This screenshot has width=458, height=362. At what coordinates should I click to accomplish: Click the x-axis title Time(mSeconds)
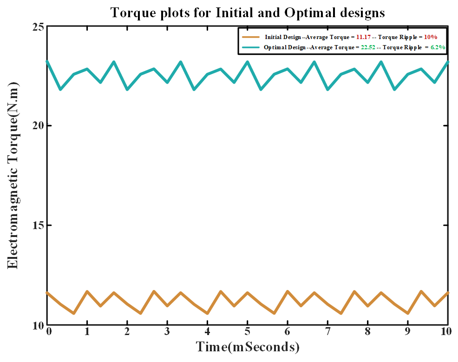click(x=248, y=347)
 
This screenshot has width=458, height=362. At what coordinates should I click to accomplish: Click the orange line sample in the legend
click(x=251, y=37)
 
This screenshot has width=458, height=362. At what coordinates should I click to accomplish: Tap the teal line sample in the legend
click(x=251, y=47)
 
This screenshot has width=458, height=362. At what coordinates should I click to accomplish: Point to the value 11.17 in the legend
click(x=363, y=37)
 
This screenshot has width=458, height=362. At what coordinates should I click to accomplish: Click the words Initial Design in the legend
click(x=283, y=37)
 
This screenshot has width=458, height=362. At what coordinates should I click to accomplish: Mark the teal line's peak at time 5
click(x=247, y=62)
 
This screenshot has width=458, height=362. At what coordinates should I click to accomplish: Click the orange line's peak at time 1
click(x=87, y=291)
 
